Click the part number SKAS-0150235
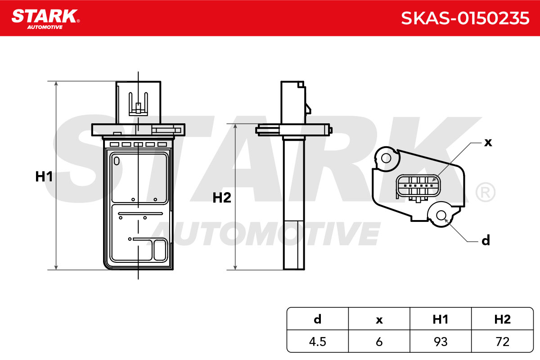pos(465,18)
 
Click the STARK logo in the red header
pos(45,19)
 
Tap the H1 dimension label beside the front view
pos(44,176)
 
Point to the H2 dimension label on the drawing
pos(221,198)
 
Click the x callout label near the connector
pos(488,143)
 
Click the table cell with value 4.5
pos(318,342)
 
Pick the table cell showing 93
pos(441,342)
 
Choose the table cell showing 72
pos(502,342)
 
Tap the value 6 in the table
pos(379,342)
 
